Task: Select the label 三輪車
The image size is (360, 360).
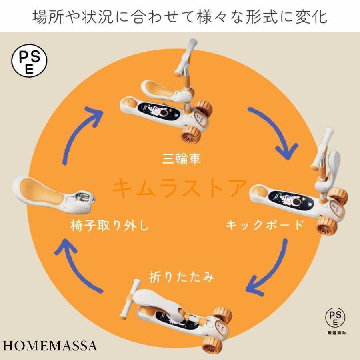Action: point(181,159)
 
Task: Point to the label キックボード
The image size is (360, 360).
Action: point(264,226)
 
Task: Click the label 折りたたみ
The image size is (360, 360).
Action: point(181,277)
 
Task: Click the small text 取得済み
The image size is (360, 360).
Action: point(335,332)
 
